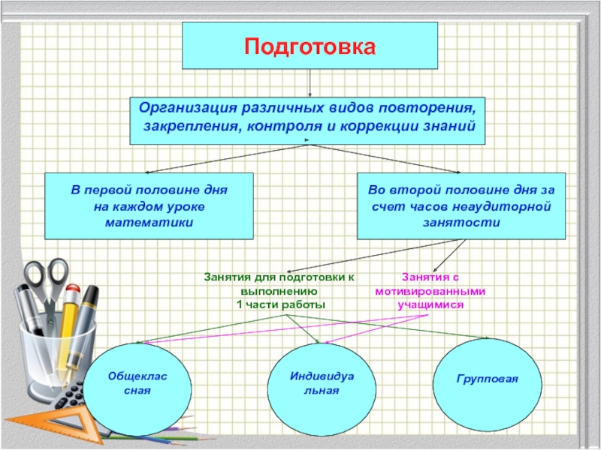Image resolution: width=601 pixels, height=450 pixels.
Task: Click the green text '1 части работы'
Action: (280, 304)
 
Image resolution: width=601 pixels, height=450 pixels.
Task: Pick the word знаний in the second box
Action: (452, 125)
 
